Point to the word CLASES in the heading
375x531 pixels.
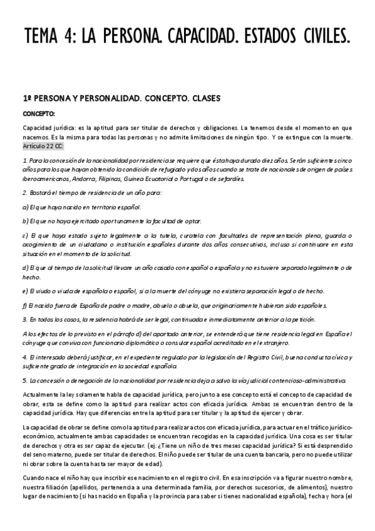tap(197, 99)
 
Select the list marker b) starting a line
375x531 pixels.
tap(25, 221)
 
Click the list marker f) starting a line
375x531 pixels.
tap(25, 305)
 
